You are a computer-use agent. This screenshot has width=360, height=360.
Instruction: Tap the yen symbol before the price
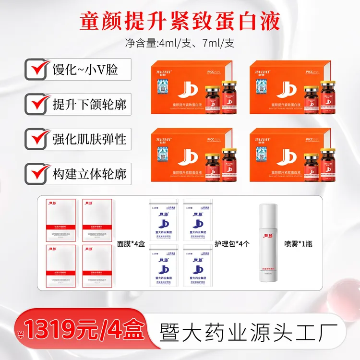pyautogui.click(x=21, y=334)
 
